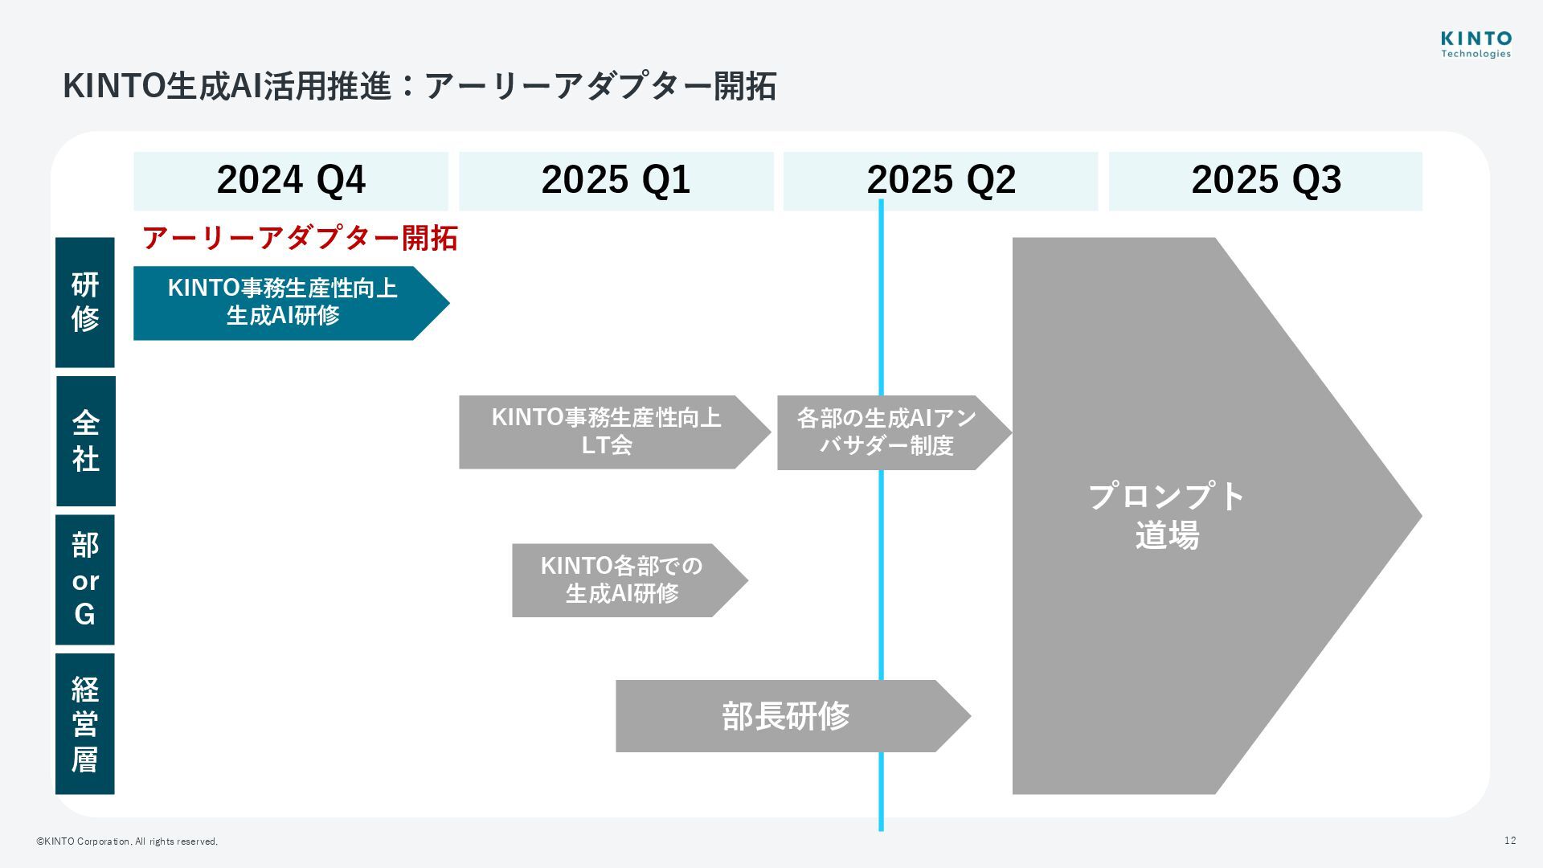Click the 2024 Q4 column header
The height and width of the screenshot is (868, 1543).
(290, 180)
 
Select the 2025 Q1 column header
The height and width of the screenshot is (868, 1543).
(616, 180)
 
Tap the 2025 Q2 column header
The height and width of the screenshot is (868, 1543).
(940, 180)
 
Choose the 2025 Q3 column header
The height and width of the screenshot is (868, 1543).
(1265, 180)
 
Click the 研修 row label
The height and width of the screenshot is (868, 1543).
(85, 302)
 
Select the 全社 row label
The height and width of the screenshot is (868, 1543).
(85, 440)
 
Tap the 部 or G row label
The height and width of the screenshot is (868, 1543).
(85, 579)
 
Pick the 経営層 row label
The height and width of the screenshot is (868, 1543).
(85, 723)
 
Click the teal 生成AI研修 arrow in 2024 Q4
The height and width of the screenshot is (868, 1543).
(281, 302)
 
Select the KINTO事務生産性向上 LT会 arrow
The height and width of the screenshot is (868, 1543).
(606, 432)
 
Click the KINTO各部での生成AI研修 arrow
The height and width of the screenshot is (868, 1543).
(621, 579)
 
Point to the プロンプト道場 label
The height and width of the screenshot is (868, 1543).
(1167, 515)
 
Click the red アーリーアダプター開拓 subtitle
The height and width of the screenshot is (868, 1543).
(300, 238)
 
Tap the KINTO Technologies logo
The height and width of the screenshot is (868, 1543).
(1475, 45)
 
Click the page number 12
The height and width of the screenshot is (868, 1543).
(1510, 841)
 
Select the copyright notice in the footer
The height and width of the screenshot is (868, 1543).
(127, 841)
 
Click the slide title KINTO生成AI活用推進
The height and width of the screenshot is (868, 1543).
(419, 86)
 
